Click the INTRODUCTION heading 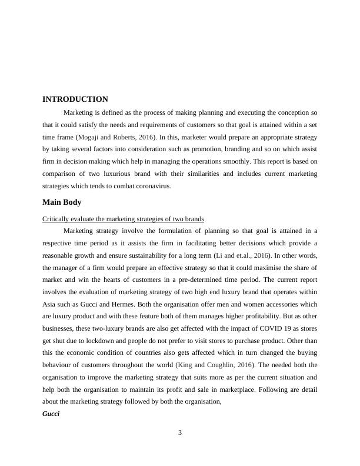pyautogui.click(x=75, y=99)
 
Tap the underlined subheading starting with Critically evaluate pyautogui.click(x=123, y=219)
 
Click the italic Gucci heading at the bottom pyautogui.click(x=51, y=414)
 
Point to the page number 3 pyautogui.click(x=180, y=434)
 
